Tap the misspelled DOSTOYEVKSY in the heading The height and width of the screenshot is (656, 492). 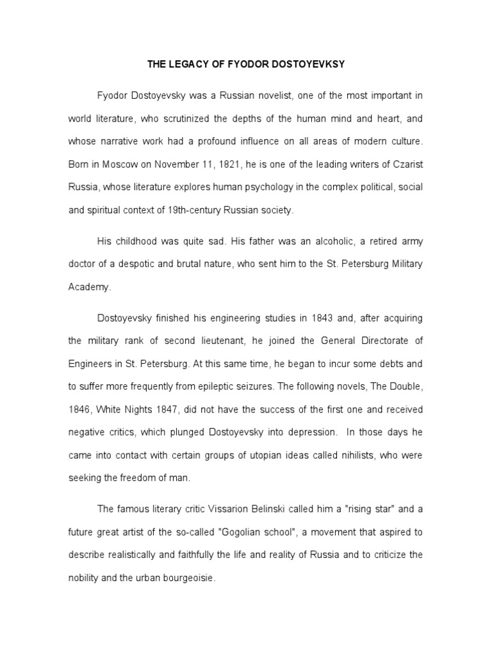click(x=312, y=64)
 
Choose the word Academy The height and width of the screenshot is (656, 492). click(x=89, y=288)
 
